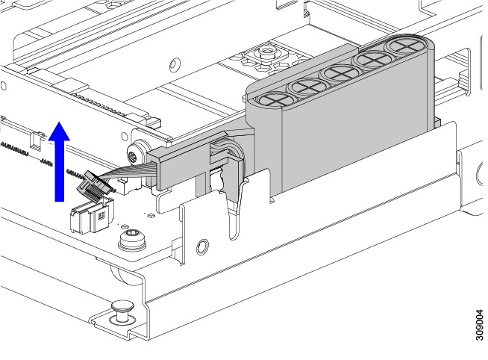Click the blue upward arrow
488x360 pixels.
coord(59,162)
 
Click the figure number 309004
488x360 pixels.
coord(481,325)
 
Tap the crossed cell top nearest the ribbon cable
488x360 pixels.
coord(275,99)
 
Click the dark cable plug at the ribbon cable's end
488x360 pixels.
coord(93,185)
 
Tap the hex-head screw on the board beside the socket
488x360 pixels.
coord(133,238)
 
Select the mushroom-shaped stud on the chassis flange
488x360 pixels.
coord(123,311)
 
